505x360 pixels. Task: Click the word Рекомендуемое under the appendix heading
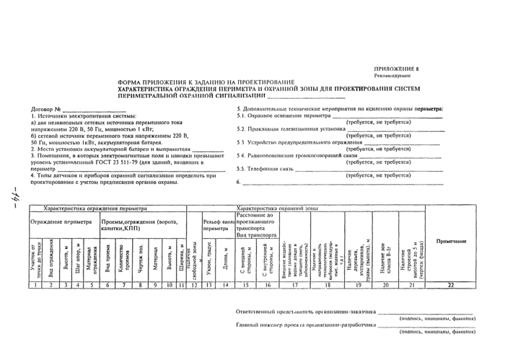392,75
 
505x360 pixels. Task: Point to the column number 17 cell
294,286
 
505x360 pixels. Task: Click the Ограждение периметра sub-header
61,221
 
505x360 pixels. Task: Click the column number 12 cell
193,286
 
